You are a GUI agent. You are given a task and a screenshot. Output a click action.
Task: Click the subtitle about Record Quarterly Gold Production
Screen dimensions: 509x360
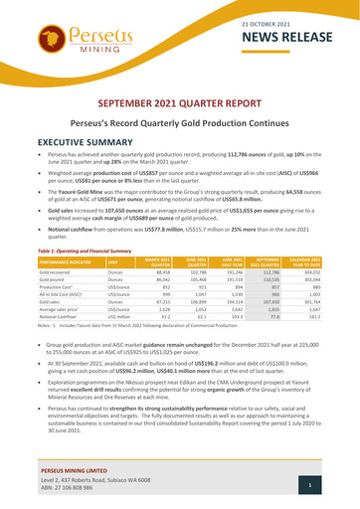[180, 125]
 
